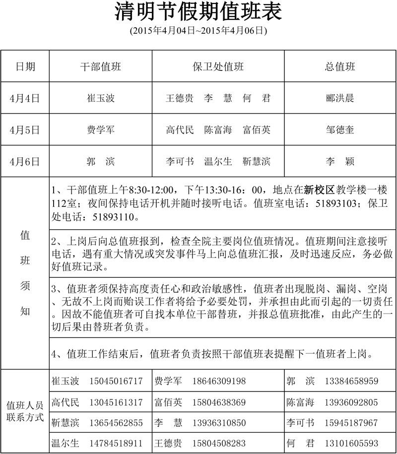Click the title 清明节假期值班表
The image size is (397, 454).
(x=198, y=12)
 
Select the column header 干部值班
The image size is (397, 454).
(x=101, y=67)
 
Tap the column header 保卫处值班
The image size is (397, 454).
(x=218, y=67)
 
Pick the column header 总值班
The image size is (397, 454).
(x=340, y=67)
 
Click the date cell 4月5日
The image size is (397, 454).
(x=24, y=130)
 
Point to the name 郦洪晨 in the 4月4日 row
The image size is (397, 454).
(x=340, y=98)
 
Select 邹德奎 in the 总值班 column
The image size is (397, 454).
(x=340, y=130)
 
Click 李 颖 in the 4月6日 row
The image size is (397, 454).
(x=340, y=161)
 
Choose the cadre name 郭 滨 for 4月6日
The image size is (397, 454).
(x=101, y=161)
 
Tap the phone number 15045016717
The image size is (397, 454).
(x=116, y=381)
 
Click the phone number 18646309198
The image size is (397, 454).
(x=219, y=381)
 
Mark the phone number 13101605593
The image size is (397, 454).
(x=351, y=443)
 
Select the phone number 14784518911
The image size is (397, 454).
(x=116, y=443)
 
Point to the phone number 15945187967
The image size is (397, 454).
(x=351, y=423)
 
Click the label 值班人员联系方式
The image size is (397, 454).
(x=25, y=411)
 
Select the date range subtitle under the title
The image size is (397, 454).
(x=198, y=30)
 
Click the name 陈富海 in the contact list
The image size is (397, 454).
(x=300, y=402)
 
